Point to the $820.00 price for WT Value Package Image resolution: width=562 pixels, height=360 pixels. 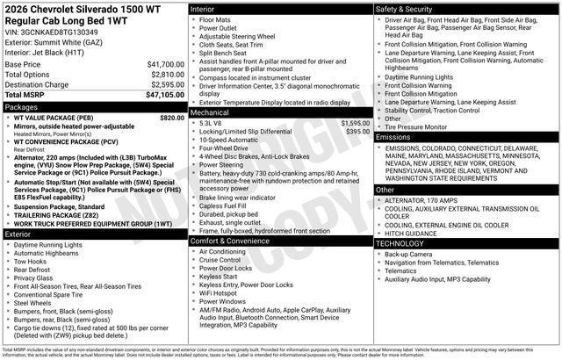coord(172,118)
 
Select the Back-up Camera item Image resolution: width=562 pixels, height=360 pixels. coord(411,254)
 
